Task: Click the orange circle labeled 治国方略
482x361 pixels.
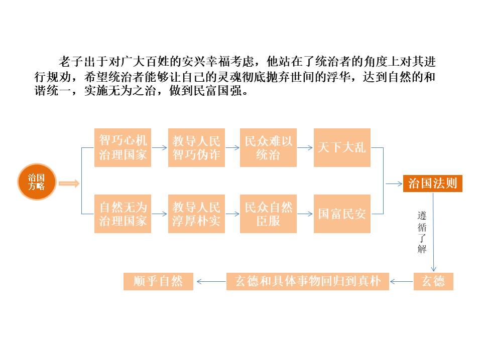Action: click(x=37, y=182)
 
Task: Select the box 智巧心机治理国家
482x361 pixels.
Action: click(x=123, y=147)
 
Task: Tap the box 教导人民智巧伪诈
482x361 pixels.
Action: click(x=196, y=147)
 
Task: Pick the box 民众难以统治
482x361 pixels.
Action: click(x=268, y=147)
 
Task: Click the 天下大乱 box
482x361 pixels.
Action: click(x=342, y=147)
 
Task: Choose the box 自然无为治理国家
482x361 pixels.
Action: click(x=123, y=214)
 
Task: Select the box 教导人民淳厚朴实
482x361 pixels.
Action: click(x=196, y=214)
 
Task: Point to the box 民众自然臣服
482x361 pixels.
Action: click(x=268, y=214)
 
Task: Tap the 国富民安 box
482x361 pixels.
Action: click(x=342, y=214)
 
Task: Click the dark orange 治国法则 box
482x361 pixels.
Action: click(x=432, y=183)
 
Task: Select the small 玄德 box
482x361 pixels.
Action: click(x=433, y=281)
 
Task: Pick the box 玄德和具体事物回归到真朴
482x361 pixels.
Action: click(x=308, y=281)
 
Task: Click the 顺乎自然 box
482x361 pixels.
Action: click(x=158, y=281)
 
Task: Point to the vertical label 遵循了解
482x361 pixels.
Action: click(x=422, y=232)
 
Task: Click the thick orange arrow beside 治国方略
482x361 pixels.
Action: click(x=69, y=184)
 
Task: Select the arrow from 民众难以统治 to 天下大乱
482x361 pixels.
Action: click(x=305, y=147)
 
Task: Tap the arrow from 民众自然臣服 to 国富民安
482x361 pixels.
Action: click(x=305, y=214)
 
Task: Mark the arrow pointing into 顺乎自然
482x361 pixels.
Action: click(x=211, y=282)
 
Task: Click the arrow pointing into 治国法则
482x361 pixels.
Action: click(x=394, y=184)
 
